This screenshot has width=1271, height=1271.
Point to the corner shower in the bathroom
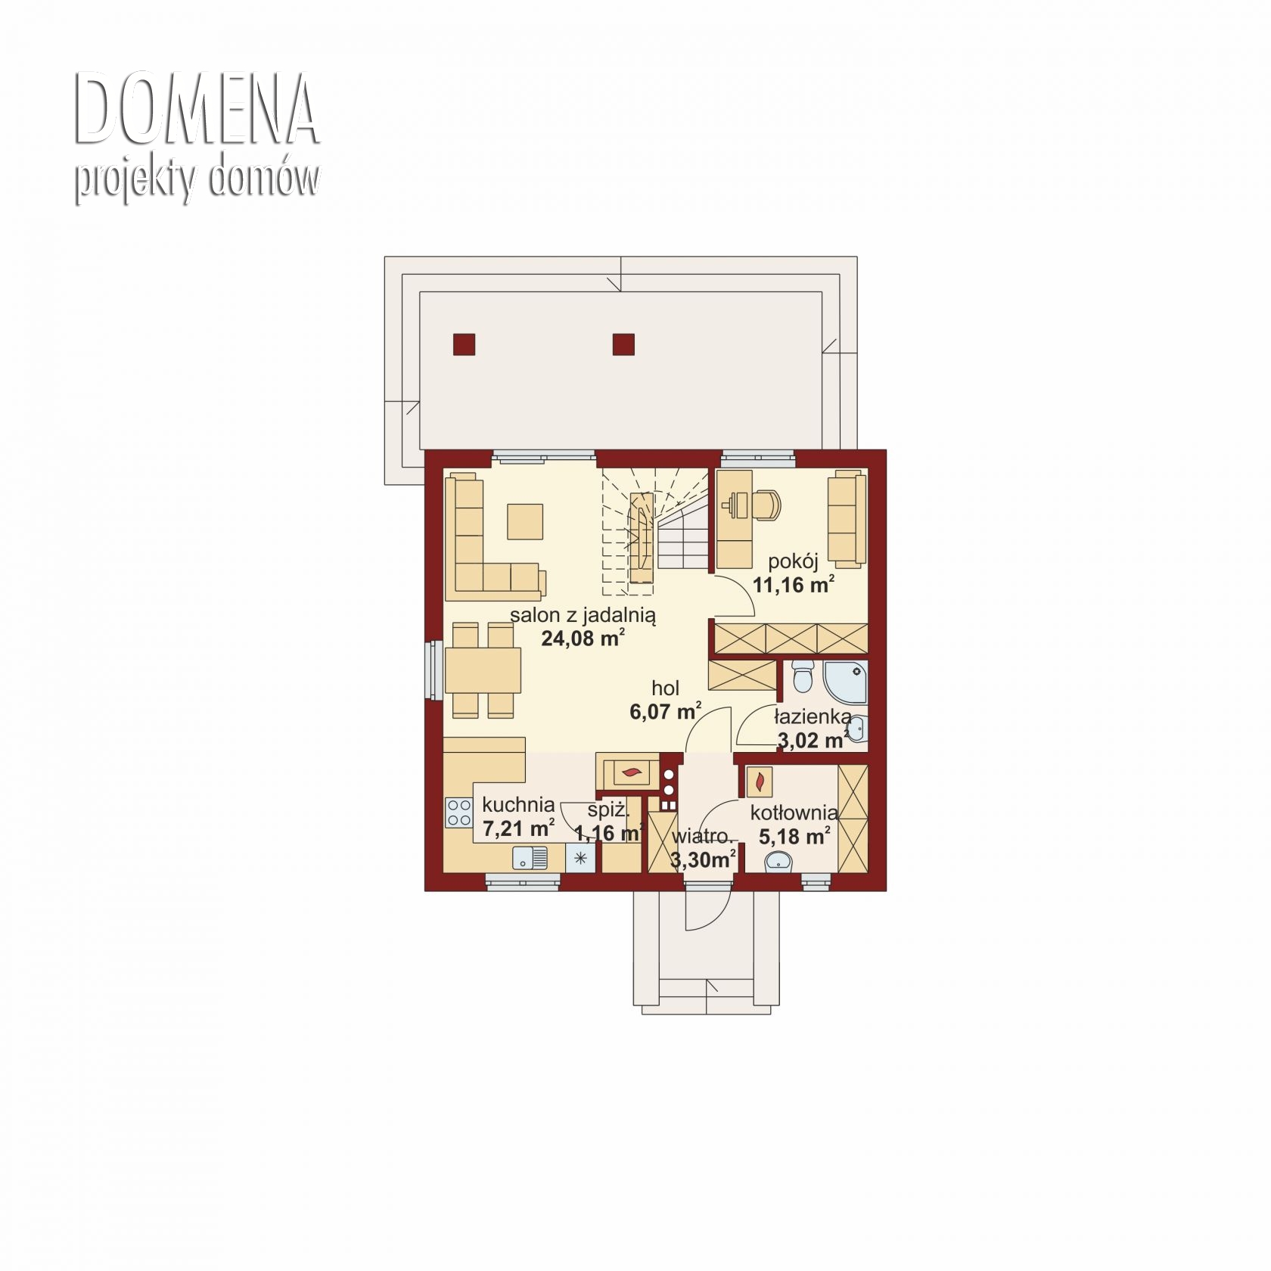coord(845,681)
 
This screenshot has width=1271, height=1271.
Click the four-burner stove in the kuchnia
coord(459,813)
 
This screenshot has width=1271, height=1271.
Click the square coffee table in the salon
coord(525,521)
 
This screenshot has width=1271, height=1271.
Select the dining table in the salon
coord(483,670)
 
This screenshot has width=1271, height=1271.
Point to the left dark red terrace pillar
coord(464,344)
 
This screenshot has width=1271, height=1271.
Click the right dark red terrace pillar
coord(623,344)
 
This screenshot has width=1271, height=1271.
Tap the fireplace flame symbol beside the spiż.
coord(630,773)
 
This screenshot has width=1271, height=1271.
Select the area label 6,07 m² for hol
coord(666,711)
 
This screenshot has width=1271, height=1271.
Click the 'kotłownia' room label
coord(794,813)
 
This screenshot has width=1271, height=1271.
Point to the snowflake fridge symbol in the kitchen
coord(581,858)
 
